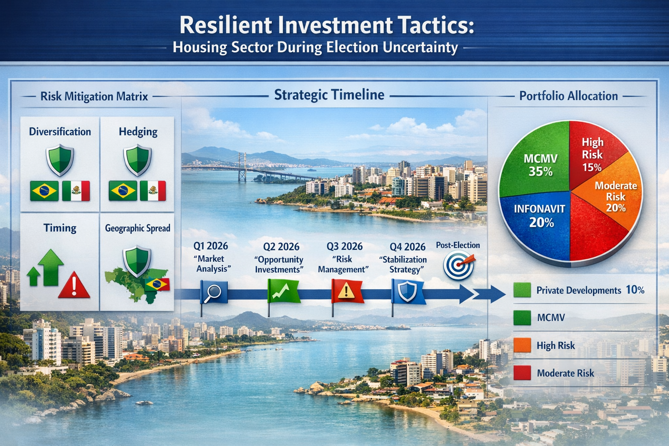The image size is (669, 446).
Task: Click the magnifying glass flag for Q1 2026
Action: point(213,291)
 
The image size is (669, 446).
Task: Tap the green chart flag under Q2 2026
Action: point(283,291)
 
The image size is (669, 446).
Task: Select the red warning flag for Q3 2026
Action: point(347,291)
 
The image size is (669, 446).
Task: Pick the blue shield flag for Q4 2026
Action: point(408,291)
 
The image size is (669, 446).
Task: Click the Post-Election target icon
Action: point(459,265)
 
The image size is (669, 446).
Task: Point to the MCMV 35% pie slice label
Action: point(540,165)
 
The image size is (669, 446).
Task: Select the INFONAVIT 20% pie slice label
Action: point(540,216)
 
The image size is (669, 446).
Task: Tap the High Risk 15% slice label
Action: point(592,154)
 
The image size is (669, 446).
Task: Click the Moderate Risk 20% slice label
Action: point(615,196)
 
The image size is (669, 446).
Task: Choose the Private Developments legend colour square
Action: point(522,290)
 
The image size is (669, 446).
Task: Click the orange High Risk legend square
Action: point(522,345)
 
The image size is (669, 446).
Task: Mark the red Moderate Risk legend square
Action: point(522,373)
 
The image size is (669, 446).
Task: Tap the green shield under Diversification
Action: point(60,160)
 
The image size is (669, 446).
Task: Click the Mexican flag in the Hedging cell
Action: point(152,191)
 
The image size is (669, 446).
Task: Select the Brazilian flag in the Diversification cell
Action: point(44,191)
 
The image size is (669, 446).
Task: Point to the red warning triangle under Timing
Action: point(74,286)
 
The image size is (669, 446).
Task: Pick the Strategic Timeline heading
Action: point(329,95)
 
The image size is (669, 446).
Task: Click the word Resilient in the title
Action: point(225,25)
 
